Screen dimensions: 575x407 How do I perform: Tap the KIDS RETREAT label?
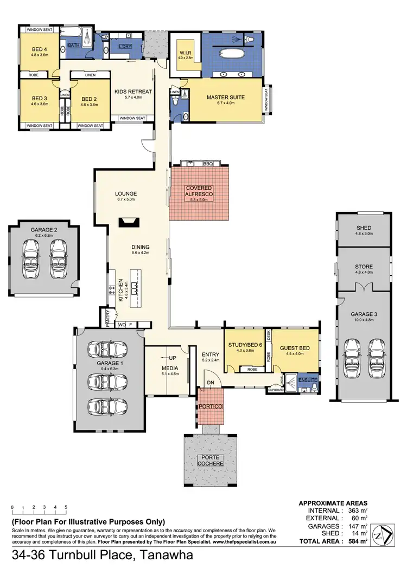(x=133, y=92)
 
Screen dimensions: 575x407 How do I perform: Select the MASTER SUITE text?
(x=226, y=98)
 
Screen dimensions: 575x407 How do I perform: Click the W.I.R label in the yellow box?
(x=186, y=52)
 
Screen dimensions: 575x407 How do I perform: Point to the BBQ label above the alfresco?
(x=208, y=163)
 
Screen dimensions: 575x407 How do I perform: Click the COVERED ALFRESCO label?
(x=198, y=191)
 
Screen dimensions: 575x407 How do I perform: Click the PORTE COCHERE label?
(x=209, y=460)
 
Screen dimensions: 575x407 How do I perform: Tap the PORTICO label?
(x=209, y=406)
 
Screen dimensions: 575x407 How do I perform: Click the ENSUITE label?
(x=307, y=381)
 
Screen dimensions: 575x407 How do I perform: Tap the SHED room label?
(x=364, y=228)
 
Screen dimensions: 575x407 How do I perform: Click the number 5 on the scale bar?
(x=66, y=507)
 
